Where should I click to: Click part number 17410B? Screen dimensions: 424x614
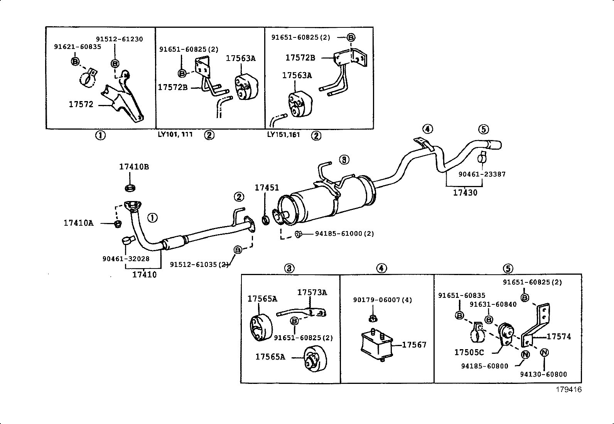(x=134, y=167)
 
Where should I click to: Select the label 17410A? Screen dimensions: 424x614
(x=78, y=223)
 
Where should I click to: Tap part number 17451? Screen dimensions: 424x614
(x=267, y=188)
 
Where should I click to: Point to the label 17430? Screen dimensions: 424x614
(x=465, y=193)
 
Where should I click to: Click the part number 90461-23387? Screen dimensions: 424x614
(x=482, y=174)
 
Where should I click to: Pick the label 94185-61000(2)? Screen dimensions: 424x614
(x=344, y=233)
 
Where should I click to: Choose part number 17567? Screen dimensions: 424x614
(x=414, y=345)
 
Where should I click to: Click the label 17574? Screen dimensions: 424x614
(x=559, y=336)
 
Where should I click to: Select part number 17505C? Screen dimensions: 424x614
(x=469, y=352)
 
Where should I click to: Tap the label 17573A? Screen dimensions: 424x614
(x=312, y=292)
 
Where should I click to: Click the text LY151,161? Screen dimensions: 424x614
(x=283, y=135)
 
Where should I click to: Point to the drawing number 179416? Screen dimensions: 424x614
(x=568, y=390)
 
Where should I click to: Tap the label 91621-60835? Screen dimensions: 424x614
(x=77, y=47)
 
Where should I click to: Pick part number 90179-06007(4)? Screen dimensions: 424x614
(x=382, y=300)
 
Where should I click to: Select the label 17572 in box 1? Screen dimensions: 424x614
(x=81, y=104)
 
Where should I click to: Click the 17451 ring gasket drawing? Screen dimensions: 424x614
(x=266, y=221)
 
